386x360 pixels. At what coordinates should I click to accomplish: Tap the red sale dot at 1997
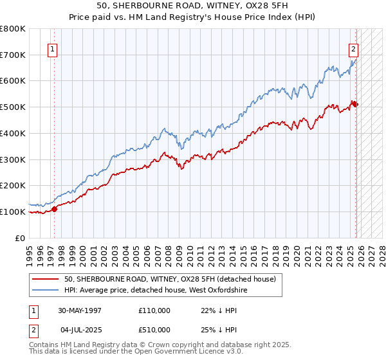54,208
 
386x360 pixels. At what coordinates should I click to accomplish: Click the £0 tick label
21,238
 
